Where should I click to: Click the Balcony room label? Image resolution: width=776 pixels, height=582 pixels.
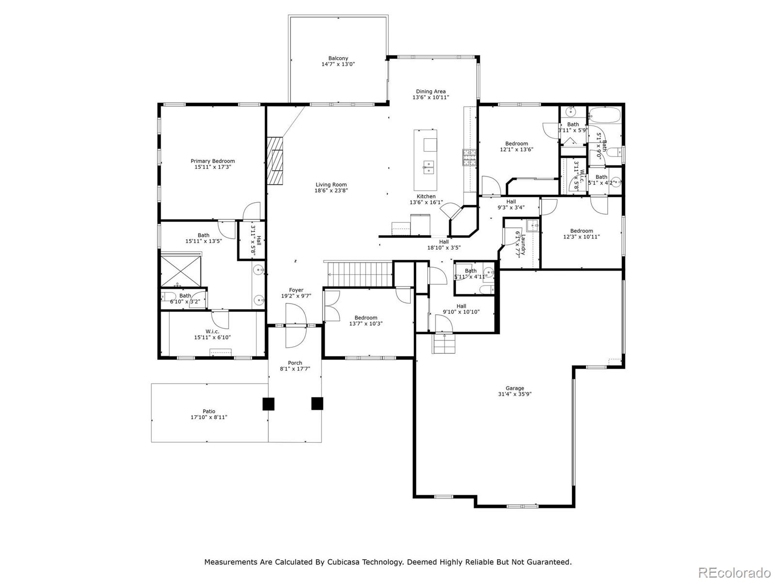(x=338, y=58)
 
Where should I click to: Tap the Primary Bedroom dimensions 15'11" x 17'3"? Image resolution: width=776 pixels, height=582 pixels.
(x=212, y=167)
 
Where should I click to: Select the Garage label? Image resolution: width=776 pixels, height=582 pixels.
(x=515, y=388)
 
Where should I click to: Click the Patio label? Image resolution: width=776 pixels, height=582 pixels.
(x=209, y=411)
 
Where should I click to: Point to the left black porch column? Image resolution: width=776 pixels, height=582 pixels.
(x=268, y=404)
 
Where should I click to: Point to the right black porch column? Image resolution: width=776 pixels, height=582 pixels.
(x=317, y=404)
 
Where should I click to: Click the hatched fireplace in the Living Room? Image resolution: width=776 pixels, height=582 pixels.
(x=275, y=161)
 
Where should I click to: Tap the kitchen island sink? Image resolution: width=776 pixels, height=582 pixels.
(x=428, y=167)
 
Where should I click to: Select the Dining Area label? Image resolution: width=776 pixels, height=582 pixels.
(x=431, y=91)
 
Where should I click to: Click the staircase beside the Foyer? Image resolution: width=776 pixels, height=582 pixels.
(x=359, y=275)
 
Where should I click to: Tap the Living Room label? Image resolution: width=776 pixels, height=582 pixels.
(x=331, y=184)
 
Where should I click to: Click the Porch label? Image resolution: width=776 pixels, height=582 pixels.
(x=295, y=363)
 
